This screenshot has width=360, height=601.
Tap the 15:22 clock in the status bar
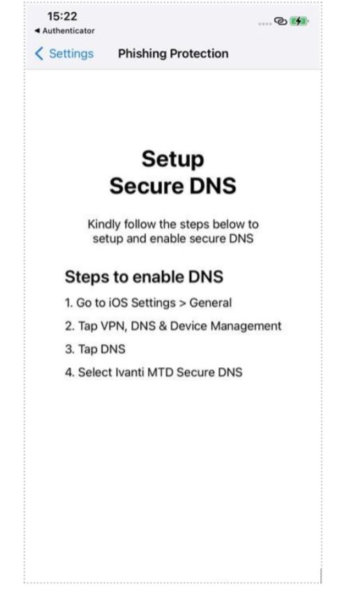(x=62, y=16)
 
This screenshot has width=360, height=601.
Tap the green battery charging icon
(x=299, y=21)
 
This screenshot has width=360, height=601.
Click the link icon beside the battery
(x=280, y=21)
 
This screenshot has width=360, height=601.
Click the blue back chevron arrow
(x=38, y=54)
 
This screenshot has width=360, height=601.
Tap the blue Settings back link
(x=71, y=54)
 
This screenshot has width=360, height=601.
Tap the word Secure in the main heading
(x=147, y=186)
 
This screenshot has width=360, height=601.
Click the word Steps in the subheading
(x=87, y=277)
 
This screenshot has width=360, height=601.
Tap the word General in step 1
(x=211, y=303)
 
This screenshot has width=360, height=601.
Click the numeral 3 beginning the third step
(x=69, y=349)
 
